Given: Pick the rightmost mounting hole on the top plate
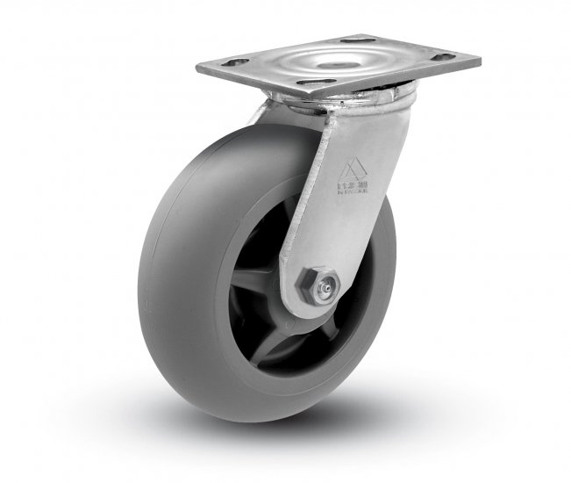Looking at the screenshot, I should pyautogui.click(x=445, y=57).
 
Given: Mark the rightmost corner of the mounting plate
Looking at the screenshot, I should pyautogui.click(x=479, y=61).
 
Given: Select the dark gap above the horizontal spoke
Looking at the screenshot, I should pyautogui.click(x=263, y=246).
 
